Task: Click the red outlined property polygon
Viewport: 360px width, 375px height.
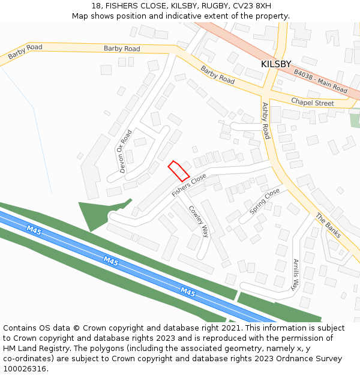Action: [x=178, y=170]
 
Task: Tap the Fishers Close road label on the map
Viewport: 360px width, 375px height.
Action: [x=188, y=185]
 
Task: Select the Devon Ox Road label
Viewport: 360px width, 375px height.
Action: [x=125, y=151]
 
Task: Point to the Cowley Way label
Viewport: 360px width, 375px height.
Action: [x=199, y=221]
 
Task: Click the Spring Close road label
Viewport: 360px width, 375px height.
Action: [x=265, y=201]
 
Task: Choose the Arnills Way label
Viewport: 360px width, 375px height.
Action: [x=295, y=275]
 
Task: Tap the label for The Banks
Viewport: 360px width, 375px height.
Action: [x=328, y=226]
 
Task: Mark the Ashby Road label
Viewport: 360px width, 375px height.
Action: [x=266, y=121]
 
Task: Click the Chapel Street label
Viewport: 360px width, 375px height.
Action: [x=312, y=103]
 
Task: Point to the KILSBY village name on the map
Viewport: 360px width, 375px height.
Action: [x=276, y=64]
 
